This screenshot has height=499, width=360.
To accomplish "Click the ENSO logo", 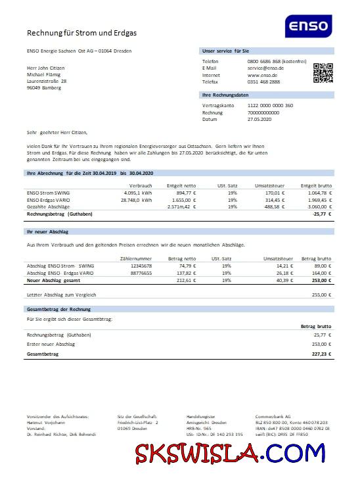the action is (308, 28).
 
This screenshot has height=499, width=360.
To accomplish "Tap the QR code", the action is (323, 72).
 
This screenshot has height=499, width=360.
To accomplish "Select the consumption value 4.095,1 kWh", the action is (137, 193).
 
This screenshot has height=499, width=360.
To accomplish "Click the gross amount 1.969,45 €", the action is (320, 200).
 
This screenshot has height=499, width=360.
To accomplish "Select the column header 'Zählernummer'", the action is (137, 259).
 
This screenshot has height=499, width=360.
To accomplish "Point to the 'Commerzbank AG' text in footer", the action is (273, 417).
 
